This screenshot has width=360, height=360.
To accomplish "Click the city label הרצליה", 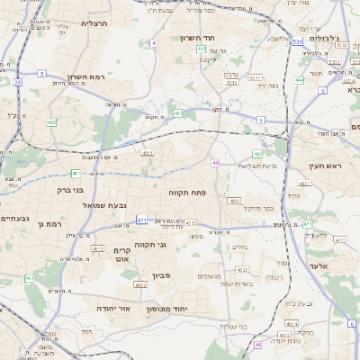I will [94, 22].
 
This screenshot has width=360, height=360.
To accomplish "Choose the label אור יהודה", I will [113, 308].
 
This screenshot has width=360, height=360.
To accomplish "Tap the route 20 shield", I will [17, 82].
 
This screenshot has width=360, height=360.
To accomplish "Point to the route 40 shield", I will [216, 162].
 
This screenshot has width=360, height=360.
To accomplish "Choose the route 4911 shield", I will [147, 153].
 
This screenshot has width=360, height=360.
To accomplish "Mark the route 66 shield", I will [257, 344].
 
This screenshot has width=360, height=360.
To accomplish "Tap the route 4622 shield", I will [139, 284].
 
